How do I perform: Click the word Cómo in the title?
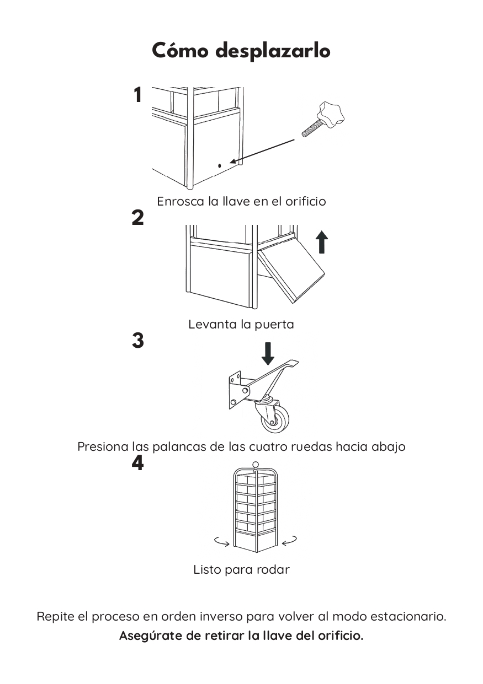point(180,51)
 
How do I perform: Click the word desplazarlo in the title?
point(273,52)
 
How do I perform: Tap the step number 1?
point(138,95)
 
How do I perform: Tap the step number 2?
point(138,218)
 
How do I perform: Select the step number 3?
point(138,341)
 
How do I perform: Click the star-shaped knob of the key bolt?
point(331,114)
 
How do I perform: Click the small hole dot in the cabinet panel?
point(219,165)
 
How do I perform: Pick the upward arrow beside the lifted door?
point(322,242)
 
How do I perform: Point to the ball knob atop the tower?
point(255,465)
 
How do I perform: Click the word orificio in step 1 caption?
point(305,201)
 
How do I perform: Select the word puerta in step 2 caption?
point(274,324)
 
